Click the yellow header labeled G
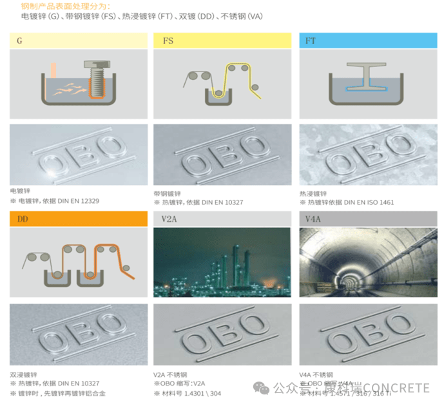[x=78, y=41]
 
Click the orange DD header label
[x=78, y=219]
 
